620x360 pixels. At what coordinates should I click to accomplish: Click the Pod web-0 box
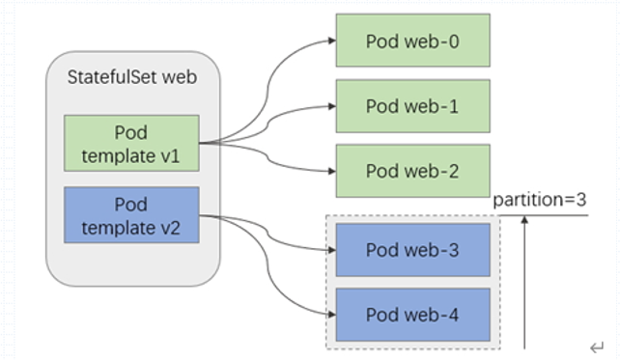412,41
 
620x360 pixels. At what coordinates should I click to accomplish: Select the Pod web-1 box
412,106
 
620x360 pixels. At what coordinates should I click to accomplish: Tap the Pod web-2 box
412,171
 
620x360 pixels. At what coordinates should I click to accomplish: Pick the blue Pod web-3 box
412,250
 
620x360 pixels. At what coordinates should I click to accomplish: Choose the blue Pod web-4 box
412,314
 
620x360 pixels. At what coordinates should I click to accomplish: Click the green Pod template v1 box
131,143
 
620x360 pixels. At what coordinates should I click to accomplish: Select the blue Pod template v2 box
131,214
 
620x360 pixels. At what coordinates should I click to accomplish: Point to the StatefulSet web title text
132,76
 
